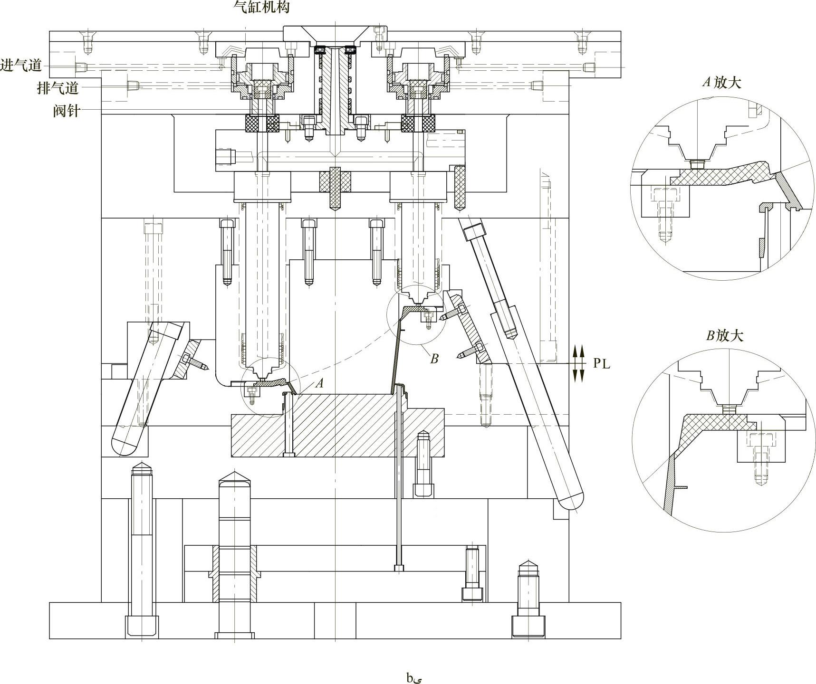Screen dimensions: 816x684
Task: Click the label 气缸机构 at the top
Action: click(x=261, y=7)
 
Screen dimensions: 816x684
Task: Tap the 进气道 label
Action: click(x=21, y=65)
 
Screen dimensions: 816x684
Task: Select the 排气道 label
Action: click(x=58, y=88)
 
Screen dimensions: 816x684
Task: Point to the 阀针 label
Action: click(x=67, y=111)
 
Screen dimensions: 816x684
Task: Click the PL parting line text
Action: click(x=601, y=364)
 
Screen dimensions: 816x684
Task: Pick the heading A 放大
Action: click(x=722, y=83)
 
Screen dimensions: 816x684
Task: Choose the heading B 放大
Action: click(x=724, y=336)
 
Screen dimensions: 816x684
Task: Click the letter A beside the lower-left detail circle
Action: click(x=320, y=383)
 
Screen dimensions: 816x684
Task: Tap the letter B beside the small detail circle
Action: click(x=434, y=359)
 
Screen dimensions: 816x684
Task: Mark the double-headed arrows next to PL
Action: click(x=577, y=364)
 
